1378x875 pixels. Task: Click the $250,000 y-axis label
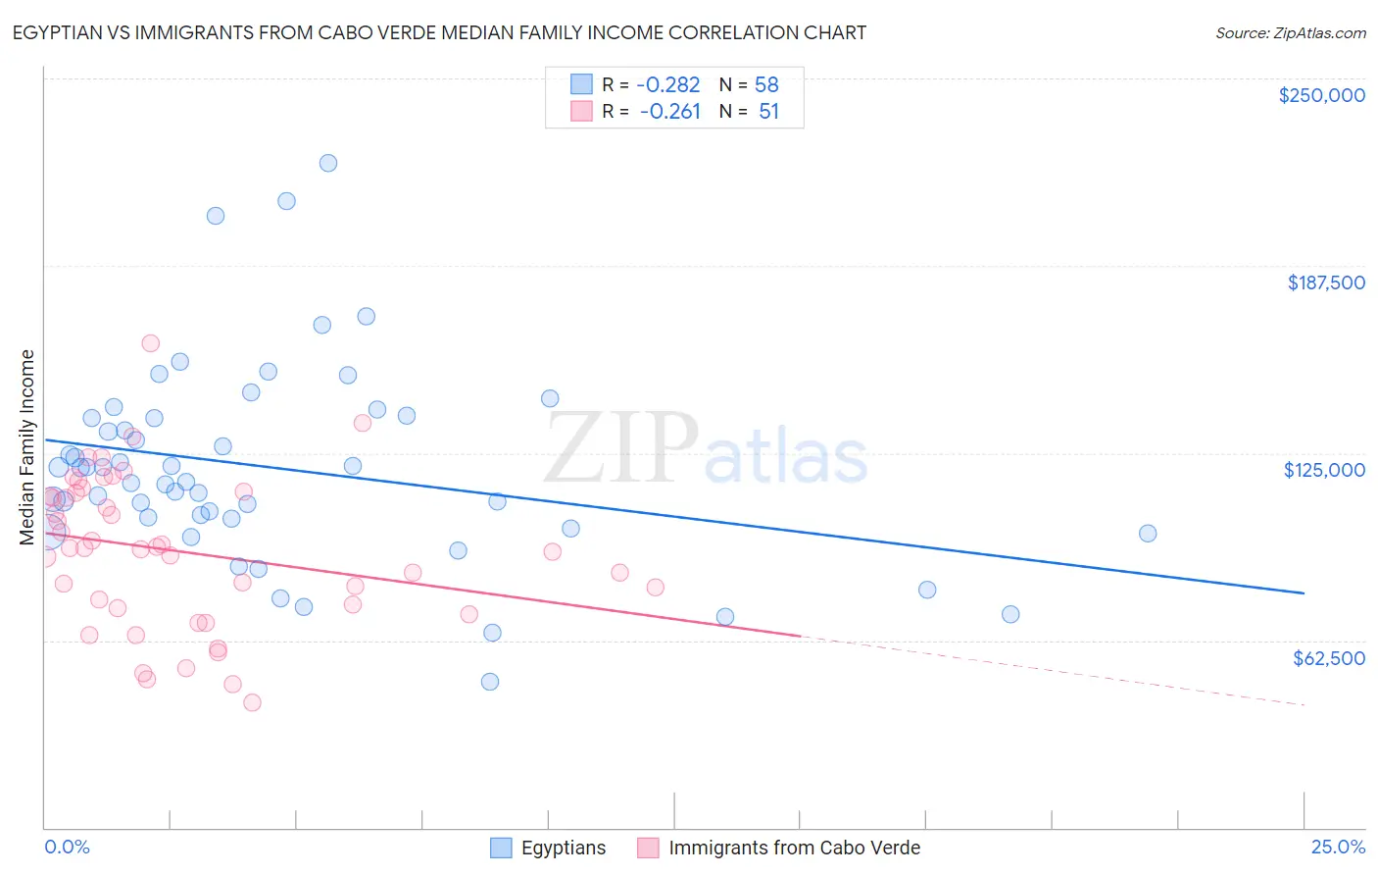click(1321, 95)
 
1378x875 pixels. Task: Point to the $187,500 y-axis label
click(1325, 283)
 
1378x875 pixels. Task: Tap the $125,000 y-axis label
click(1324, 470)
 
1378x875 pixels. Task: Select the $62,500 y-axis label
click(1328, 658)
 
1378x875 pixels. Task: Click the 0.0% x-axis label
click(68, 847)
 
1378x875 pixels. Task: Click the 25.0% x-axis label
click(1338, 847)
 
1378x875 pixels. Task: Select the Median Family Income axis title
click(27, 447)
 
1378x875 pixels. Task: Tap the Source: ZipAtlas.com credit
click(1290, 32)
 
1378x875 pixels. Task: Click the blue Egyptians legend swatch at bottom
click(502, 848)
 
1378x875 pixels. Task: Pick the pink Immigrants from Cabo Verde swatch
click(648, 848)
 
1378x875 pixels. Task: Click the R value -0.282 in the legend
click(669, 85)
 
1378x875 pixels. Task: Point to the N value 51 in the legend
click(768, 112)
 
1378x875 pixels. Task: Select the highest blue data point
click(328, 163)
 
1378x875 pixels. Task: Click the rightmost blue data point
click(1148, 534)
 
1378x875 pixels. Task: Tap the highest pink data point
click(151, 343)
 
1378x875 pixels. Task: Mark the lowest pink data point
click(252, 702)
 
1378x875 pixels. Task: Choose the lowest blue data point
click(490, 682)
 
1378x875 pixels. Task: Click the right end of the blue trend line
click(1304, 593)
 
